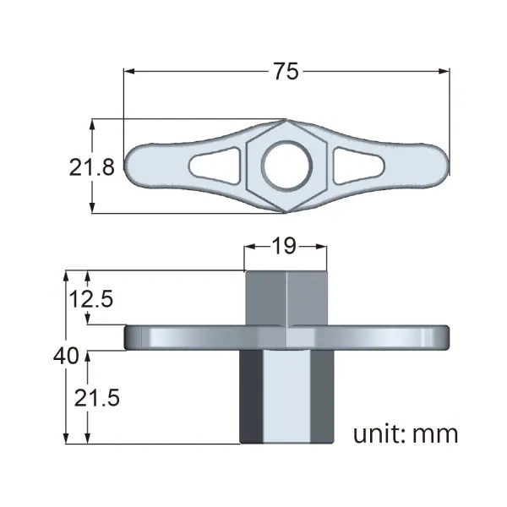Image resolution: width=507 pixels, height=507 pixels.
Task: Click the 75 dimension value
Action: coord(286,72)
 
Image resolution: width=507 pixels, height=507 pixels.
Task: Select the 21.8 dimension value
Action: coord(92,167)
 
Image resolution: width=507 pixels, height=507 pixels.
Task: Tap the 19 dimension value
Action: coord(284,246)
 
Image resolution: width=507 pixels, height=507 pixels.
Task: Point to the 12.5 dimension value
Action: coord(91,299)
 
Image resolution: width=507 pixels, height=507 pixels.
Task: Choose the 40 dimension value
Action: coord(66,356)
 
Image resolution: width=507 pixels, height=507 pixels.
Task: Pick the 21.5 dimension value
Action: coord(97,398)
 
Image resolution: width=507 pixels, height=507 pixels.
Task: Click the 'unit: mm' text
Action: coord(406,434)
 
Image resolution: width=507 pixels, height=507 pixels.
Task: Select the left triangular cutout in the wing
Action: coord(215,166)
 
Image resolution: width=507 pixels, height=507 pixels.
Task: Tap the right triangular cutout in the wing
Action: coord(358,166)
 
